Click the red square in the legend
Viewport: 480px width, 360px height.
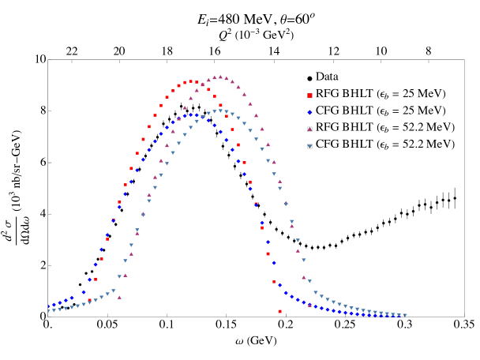(309, 96)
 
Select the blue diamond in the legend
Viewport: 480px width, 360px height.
(309, 112)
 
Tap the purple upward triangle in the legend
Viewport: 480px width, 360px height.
(309, 129)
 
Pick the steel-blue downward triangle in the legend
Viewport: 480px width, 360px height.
(309, 146)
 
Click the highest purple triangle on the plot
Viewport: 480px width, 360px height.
(220, 77)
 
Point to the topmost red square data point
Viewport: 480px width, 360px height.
(190, 81)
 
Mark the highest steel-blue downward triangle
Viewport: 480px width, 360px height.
(220, 111)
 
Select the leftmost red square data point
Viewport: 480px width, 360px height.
(89, 300)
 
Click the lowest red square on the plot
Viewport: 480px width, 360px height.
(279, 311)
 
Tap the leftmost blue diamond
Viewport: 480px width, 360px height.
(48, 306)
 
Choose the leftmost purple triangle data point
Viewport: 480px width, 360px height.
(119, 298)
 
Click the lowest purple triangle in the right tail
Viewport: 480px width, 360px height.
(309, 305)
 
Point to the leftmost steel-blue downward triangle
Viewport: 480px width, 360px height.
(48, 311)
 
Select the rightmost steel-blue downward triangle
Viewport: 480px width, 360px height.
(405, 315)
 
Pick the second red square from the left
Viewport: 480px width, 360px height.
(96, 279)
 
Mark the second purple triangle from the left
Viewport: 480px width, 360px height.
(125, 276)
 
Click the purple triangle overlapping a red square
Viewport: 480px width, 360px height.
(202, 84)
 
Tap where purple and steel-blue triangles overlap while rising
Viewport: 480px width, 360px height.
(143, 214)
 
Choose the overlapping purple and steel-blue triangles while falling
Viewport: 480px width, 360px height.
(286, 204)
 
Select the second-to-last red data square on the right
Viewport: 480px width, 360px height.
(274, 282)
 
